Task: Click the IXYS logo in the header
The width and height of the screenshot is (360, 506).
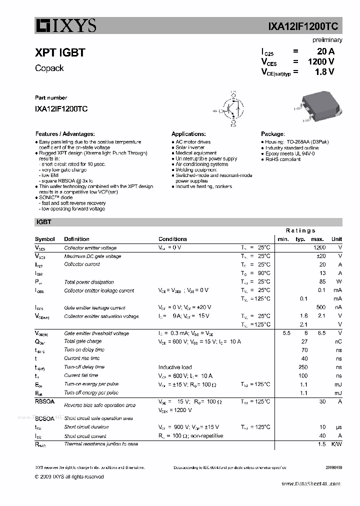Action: pyautogui.click(x=65, y=25)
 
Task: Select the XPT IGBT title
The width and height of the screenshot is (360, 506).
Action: pyautogui.click(x=60, y=52)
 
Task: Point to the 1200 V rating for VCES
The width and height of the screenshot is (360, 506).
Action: pyautogui.click(x=320, y=61)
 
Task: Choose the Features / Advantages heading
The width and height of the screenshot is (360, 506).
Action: pyautogui.click(x=65, y=134)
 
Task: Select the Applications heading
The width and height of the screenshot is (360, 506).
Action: pyautogui.click(x=188, y=134)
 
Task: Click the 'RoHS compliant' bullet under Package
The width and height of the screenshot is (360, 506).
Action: pyautogui.click(x=282, y=159)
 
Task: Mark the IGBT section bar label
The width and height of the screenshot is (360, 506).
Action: pyautogui.click(x=44, y=221)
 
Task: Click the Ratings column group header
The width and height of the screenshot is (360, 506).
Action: pyautogui.click(x=300, y=230)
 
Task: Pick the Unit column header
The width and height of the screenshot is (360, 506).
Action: pyautogui.click(x=336, y=239)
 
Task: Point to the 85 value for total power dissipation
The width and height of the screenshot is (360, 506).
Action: pyautogui.click(x=322, y=282)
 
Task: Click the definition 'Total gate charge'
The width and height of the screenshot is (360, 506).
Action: pyautogui.click(x=82, y=341)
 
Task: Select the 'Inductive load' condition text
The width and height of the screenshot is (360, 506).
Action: pyautogui.click(x=175, y=367)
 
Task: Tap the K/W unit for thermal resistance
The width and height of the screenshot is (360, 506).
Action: pyautogui.click(x=336, y=444)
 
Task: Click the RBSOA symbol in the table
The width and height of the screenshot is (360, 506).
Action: pyautogui.click(x=44, y=401)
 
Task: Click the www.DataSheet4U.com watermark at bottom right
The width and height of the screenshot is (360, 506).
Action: pyautogui.click(x=310, y=484)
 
